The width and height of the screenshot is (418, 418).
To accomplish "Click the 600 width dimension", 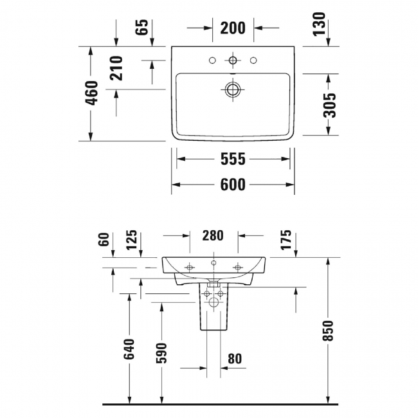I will click(233, 185).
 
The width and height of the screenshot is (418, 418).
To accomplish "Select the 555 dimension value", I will click(233, 159).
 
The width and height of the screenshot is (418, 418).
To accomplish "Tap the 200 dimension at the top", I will click(233, 28).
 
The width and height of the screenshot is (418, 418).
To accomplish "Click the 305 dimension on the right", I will click(329, 104).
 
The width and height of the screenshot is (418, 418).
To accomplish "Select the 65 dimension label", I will click(143, 27).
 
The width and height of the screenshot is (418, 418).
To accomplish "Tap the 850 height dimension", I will click(329, 331).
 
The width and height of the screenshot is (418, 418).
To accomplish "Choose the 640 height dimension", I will click(131, 349).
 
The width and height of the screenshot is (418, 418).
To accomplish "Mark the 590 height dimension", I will click(161, 353).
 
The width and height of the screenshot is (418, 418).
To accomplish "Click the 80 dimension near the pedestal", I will click(235, 358).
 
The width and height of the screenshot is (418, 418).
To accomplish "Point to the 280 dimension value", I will click(214, 235).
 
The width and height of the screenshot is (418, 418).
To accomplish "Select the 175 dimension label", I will click(286, 239).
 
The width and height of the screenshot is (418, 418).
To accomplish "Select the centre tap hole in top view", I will click(233, 61).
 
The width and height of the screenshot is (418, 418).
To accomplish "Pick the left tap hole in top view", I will click(212, 61).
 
